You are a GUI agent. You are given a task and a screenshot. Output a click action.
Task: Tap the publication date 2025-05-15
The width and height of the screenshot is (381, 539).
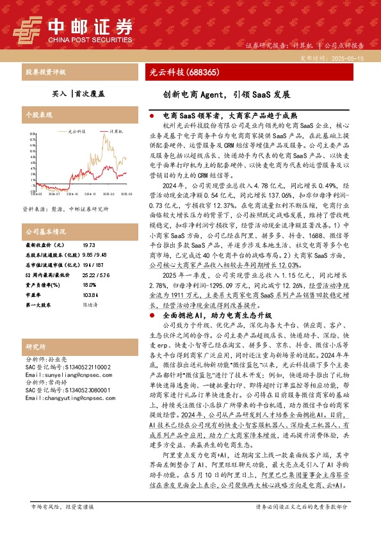pos(350,58)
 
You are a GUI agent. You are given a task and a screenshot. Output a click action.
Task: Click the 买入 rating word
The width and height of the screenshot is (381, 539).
pos(59,93)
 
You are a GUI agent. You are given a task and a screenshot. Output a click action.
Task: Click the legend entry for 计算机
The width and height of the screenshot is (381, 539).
pos(112,130)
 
